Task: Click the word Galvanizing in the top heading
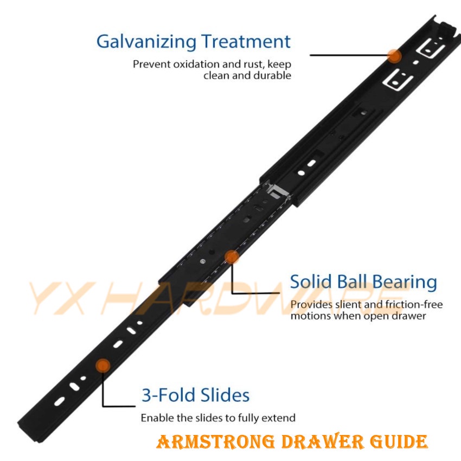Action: click(x=146, y=42)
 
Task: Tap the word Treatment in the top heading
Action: click(x=246, y=41)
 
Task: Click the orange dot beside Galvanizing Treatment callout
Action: click(x=394, y=55)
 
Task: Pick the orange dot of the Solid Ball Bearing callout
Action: click(x=232, y=257)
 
